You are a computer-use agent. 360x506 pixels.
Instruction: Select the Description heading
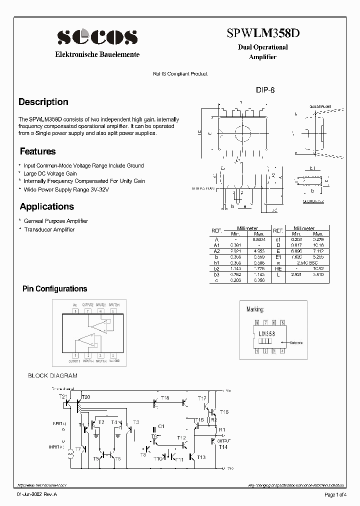[x=43, y=102]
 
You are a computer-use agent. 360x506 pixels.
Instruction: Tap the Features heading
[x=37, y=151]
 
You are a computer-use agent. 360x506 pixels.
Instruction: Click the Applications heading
[x=46, y=206]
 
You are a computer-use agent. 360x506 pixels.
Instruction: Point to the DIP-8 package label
[x=265, y=90]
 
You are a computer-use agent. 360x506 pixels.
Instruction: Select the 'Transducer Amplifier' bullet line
[x=49, y=229]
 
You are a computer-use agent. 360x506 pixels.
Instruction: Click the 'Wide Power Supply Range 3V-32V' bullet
[x=66, y=189]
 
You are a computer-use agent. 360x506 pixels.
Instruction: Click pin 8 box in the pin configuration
[x=75, y=310]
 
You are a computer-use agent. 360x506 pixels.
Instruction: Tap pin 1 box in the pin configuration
[x=75, y=355]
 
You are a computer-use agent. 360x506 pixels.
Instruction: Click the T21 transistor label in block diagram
[x=63, y=396]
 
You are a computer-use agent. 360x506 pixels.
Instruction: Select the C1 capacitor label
[x=161, y=426]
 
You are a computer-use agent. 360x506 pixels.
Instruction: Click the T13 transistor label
[x=201, y=457]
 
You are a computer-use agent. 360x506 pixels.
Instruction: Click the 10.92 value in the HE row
[x=318, y=269]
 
